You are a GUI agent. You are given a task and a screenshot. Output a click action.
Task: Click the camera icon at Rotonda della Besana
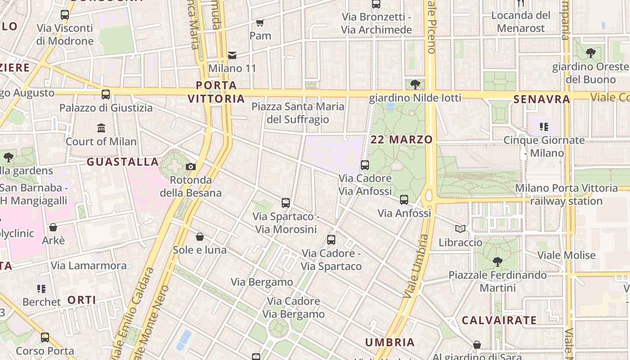191,167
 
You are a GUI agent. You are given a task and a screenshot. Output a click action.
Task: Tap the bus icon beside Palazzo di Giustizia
106,94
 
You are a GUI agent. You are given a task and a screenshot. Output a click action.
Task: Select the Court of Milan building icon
101,128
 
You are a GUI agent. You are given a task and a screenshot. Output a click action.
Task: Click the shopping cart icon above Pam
260,22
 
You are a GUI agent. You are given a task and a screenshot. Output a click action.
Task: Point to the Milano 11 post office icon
232,55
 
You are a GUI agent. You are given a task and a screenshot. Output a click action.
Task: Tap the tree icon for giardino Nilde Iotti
415,84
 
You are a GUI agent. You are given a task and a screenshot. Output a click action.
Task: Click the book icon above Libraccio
460,229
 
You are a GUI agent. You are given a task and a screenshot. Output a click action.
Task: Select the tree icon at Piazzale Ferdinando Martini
497,261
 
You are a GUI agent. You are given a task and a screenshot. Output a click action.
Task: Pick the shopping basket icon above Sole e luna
200,237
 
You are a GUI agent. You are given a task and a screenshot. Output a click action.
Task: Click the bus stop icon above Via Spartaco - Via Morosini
286,203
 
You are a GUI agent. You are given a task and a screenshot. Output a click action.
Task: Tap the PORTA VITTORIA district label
216,92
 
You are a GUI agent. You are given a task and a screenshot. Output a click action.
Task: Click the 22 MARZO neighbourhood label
401,139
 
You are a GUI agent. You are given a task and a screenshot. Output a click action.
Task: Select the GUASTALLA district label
122,162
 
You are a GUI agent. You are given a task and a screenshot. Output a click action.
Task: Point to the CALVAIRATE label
499,320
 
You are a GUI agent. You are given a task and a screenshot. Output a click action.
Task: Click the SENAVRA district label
542,99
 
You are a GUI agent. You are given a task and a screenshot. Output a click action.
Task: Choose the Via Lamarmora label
89,265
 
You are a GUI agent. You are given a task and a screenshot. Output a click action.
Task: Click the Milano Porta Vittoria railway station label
567,194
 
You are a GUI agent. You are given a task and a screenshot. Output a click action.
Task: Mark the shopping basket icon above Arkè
53,227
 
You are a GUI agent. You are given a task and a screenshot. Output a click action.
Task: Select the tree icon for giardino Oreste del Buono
591,54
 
